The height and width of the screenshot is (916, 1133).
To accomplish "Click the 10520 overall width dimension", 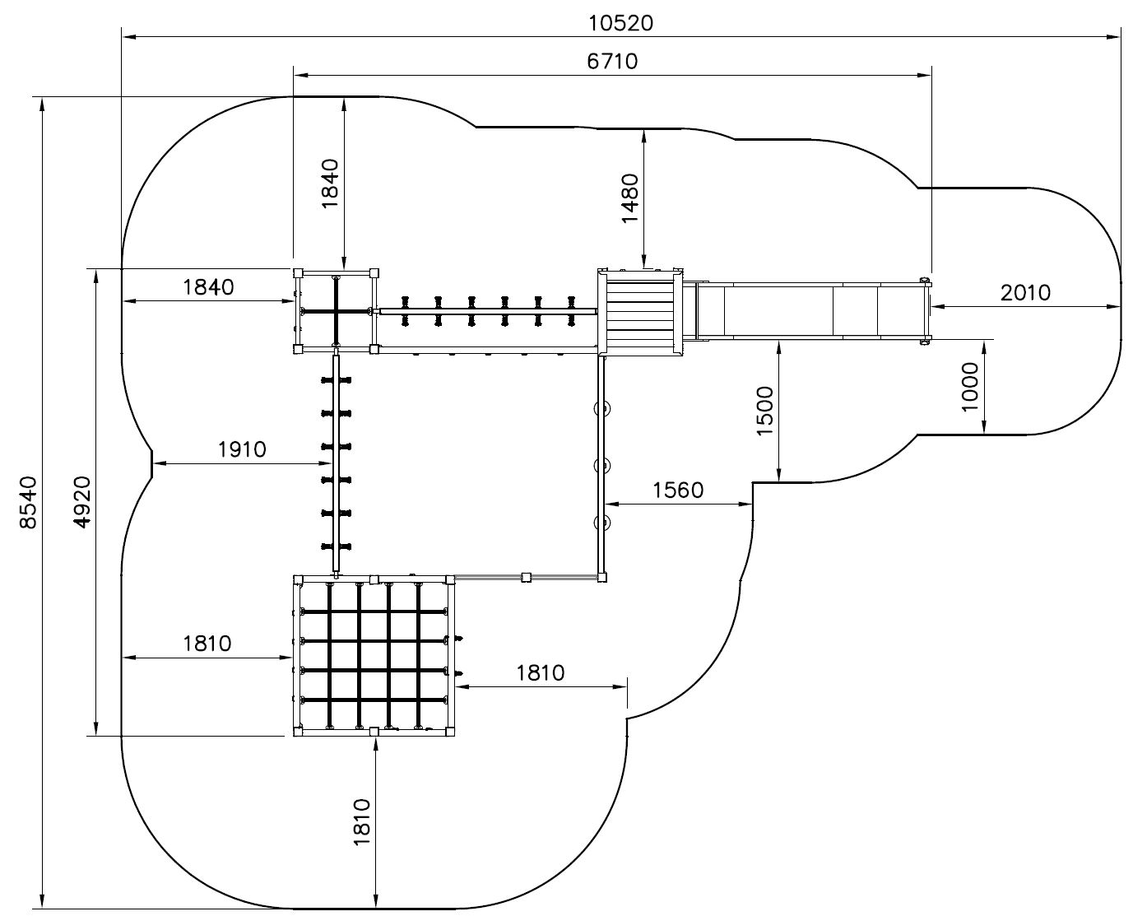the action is [620, 23].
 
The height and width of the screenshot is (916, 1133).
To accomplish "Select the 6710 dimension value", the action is [611, 62].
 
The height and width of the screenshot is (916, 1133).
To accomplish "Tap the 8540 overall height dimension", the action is [28, 502].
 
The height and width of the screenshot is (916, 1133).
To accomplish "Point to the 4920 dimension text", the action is [82, 502].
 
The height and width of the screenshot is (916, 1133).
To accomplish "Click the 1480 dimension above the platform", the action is [629, 198].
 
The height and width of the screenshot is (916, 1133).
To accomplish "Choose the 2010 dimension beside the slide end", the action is [1025, 292].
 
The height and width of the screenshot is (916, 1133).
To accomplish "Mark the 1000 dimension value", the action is [970, 387].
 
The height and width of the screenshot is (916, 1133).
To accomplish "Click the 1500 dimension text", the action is [764, 412].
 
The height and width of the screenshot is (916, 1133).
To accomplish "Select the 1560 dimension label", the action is [678, 490].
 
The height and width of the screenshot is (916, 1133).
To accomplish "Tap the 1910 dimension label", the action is [242, 450].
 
